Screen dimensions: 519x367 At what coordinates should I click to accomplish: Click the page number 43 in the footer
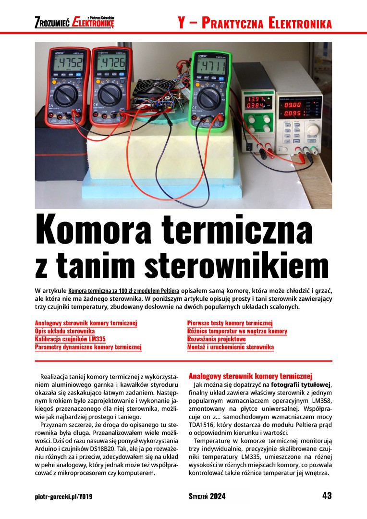click(x=327, y=496)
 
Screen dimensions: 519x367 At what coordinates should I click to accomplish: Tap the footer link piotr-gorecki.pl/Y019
click(x=63, y=496)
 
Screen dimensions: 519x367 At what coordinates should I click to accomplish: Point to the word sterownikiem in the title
click(x=232, y=265)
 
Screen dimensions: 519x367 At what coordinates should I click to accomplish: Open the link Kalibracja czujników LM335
click(x=70, y=339)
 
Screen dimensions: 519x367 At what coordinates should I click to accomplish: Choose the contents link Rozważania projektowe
click(x=216, y=339)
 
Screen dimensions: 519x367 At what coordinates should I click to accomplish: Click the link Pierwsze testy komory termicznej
click(x=230, y=323)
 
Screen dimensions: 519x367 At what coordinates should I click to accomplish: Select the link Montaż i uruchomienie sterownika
click(x=231, y=347)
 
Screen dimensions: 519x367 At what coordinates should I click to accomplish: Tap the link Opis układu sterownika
click(x=65, y=332)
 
